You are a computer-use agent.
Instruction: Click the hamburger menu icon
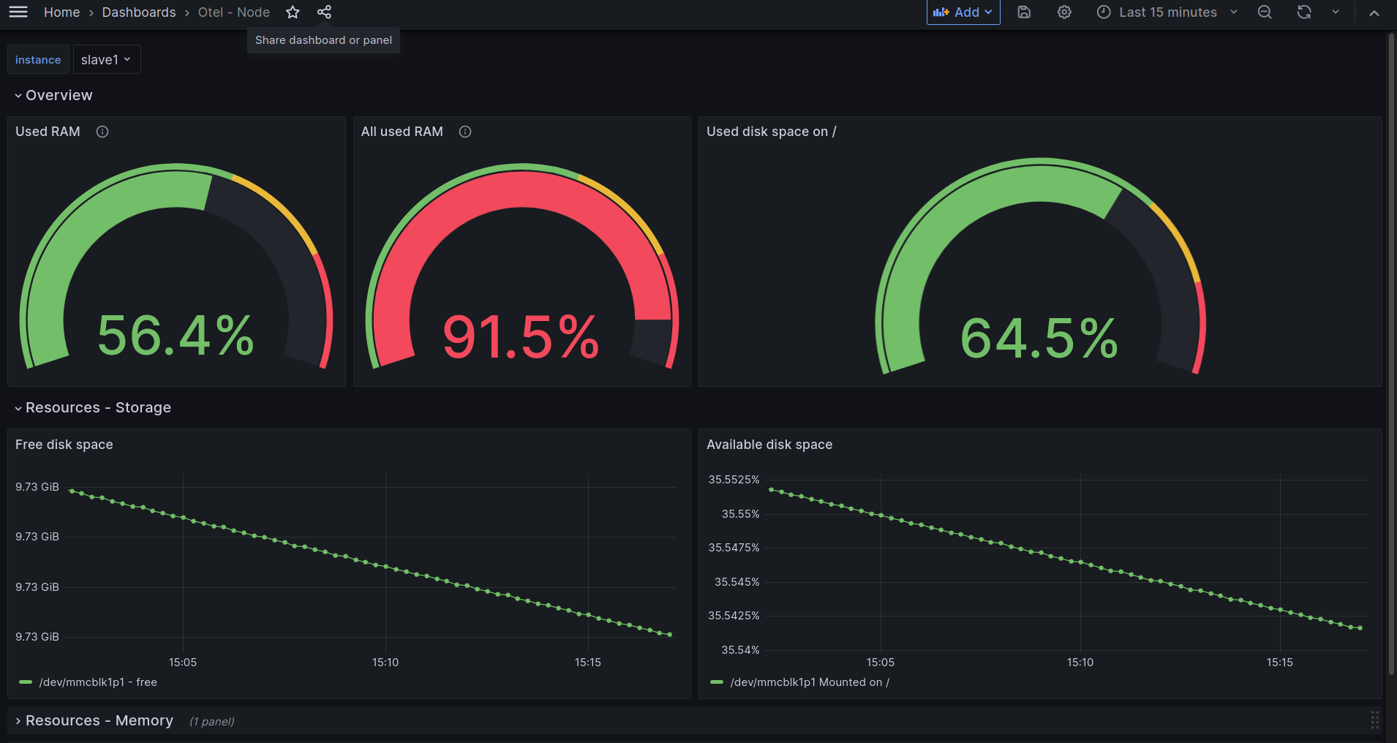pos(18,12)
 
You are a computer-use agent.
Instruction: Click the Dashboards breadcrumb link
pos(139,12)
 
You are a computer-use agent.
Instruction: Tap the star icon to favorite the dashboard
pos(293,12)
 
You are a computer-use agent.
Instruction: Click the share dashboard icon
pos(324,12)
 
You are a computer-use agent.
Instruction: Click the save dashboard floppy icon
pos(1024,12)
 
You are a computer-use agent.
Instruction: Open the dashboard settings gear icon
pos(1064,12)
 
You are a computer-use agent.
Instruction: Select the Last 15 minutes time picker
pos(1167,12)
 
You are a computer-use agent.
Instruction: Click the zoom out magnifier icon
pos(1265,12)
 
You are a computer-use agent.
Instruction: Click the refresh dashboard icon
pos(1304,12)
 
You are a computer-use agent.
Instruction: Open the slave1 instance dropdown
pos(106,60)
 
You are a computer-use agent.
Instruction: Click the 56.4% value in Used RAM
pos(176,336)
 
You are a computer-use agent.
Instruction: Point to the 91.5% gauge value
pos(521,337)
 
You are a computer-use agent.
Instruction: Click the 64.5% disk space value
pos(1039,339)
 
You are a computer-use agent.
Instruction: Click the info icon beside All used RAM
pos(465,132)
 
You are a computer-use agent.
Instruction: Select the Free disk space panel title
pos(64,445)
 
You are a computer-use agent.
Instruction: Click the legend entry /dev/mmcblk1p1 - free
pos(98,682)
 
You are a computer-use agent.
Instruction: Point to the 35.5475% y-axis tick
pos(734,548)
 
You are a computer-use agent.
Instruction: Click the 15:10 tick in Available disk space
pos(1080,663)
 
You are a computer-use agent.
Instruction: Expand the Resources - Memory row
pos(99,721)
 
